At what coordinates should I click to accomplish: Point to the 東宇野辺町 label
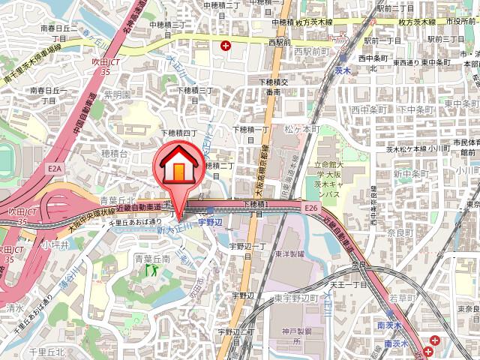(297, 298)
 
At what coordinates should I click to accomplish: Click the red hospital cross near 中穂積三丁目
(226, 46)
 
